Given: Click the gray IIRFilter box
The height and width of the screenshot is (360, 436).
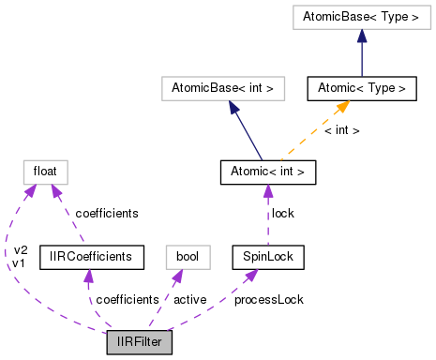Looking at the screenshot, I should click(140, 341).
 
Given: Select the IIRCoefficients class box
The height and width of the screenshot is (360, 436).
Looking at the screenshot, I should click(91, 256).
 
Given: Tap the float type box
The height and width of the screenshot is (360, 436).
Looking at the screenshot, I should click(45, 172).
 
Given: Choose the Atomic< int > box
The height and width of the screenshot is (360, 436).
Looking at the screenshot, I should click(267, 172).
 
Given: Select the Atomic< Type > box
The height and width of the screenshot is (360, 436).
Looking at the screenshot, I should click(361, 89).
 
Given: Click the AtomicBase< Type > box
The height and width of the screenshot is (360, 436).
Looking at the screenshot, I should click(361, 16).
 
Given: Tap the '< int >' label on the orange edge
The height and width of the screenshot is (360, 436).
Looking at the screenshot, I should click(341, 130).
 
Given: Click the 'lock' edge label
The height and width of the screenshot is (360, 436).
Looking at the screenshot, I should click(282, 214).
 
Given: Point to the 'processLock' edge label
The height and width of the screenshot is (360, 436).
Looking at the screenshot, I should click(267, 299).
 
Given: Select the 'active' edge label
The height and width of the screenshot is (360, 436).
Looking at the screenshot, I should click(190, 299).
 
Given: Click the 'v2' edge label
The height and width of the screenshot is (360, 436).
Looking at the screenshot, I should click(20, 249).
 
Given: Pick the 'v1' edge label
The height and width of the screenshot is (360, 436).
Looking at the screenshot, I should click(20, 262).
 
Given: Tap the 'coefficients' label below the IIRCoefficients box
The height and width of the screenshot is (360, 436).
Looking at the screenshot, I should click(127, 299).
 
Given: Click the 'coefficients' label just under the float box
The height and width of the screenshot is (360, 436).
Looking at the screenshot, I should click(107, 214).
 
